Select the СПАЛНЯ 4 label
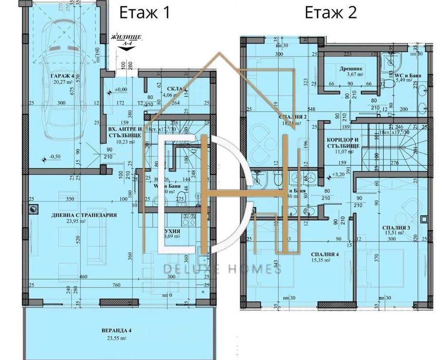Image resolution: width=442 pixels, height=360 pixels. [327, 255]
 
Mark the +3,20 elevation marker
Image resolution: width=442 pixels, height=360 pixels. [338, 175]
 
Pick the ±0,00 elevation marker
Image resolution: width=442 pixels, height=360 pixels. [120, 90]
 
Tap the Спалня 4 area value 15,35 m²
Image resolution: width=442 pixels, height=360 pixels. [327, 262]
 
